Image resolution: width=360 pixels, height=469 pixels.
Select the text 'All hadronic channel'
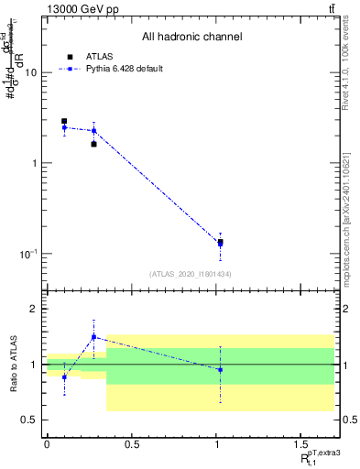191,38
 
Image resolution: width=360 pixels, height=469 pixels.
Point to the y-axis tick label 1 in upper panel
36,163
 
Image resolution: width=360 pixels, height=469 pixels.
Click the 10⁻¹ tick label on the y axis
29,253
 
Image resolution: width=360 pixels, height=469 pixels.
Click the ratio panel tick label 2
36,309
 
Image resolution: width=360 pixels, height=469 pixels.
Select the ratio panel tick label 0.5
31,420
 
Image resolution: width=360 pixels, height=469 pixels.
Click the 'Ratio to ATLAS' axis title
13,364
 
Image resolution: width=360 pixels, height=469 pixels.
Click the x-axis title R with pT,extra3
316,457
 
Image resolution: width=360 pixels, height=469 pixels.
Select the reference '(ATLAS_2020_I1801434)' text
191,274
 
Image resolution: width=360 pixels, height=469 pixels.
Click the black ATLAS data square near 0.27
93,144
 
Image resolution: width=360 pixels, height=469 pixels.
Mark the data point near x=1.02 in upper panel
220,243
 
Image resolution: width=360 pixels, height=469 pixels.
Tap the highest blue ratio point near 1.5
93,337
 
